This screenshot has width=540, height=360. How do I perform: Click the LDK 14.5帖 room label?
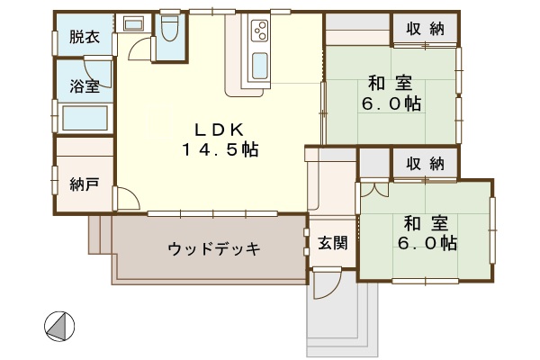[220, 139]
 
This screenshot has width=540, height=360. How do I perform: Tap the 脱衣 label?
[85, 37]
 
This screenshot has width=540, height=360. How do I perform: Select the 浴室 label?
[85, 85]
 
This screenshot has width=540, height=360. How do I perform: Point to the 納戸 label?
[85, 184]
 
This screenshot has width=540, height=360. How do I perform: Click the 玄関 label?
[333, 243]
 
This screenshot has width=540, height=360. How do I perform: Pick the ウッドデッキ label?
[213, 248]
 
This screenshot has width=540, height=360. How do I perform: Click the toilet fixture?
[169, 28]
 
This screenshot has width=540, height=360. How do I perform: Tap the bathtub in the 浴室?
[85, 118]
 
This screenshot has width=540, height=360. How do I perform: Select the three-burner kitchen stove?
[260, 31]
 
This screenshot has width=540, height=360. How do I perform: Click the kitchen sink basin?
[260, 66]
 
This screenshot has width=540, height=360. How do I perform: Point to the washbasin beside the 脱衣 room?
[133, 24]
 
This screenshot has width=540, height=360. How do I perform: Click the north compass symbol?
[59, 326]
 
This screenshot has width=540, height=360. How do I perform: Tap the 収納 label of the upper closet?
[425, 29]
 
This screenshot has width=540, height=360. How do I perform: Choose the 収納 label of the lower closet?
[425, 164]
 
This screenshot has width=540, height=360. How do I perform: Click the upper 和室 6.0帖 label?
[391, 93]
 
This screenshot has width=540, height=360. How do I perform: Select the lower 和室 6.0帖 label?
[427, 233]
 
